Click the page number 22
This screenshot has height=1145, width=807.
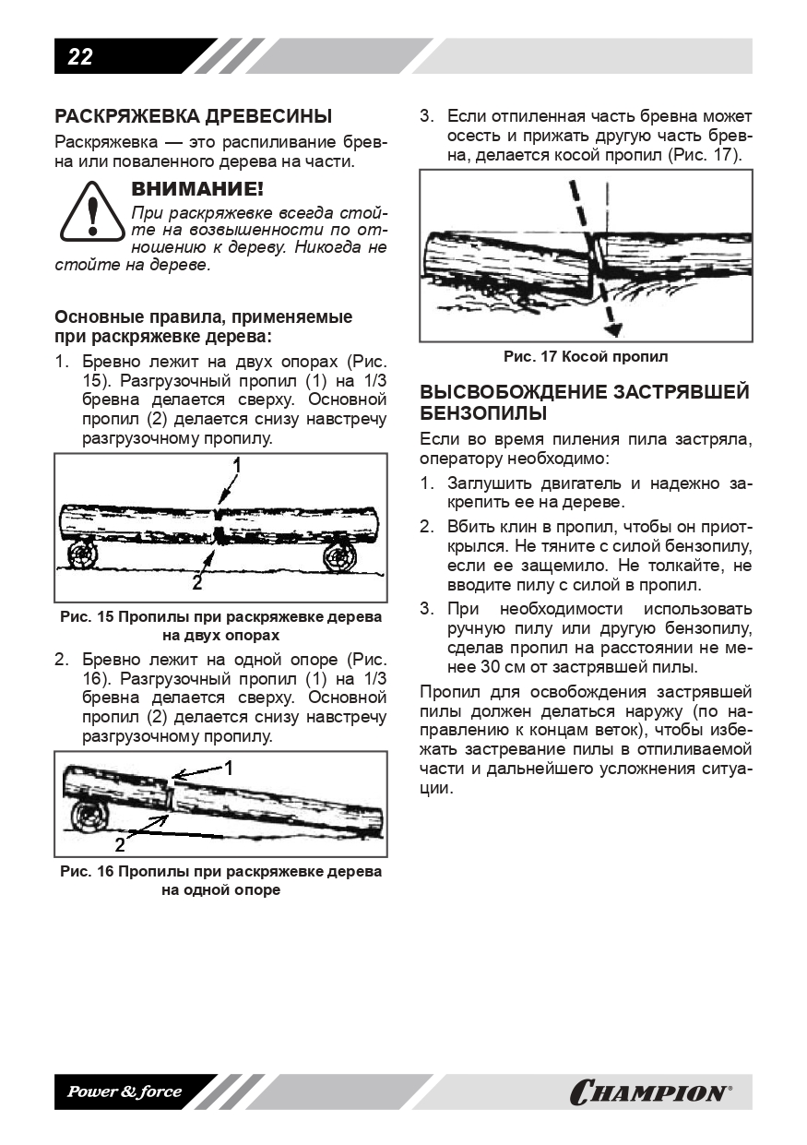pyautogui.click(x=80, y=57)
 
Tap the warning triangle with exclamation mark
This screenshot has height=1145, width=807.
pyautogui.click(x=91, y=211)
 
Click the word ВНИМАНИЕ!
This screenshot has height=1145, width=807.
pyautogui.click(x=197, y=189)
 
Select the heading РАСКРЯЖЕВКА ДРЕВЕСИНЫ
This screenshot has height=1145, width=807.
pyautogui.click(x=194, y=116)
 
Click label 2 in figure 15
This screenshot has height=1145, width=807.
pyautogui.click(x=196, y=583)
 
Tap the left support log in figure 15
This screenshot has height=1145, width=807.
pyautogui.click(x=82, y=555)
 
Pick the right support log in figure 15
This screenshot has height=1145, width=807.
pyautogui.click(x=341, y=556)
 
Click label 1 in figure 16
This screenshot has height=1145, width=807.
pyautogui.click(x=229, y=767)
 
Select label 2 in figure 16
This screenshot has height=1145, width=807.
pyautogui.click(x=119, y=843)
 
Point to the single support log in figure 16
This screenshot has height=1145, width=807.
pyautogui.click(x=93, y=817)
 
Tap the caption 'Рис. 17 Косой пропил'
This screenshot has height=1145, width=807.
pyautogui.click(x=586, y=356)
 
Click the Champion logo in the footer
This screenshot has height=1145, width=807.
pyautogui.click(x=650, y=1093)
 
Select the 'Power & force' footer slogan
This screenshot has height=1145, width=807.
pyautogui.click(x=125, y=1092)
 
